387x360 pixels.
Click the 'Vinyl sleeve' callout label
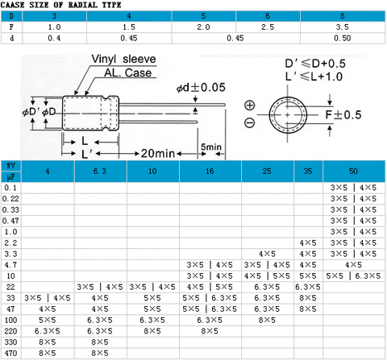pyautogui.click(x=123, y=59)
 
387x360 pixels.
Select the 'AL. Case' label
pyautogui.click(x=128, y=72)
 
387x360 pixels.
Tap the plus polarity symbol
pyautogui.click(x=250, y=105)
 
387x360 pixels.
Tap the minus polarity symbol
pyautogui.click(x=249, y=123)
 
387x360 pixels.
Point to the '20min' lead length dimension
pyautogui.click(x=158, y=153)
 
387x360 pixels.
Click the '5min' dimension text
pyautogui.click(x=211, y=147)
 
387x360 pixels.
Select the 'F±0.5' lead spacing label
pyautogui.click(x=343, y=115)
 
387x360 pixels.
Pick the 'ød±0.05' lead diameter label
pyautogui.click(x=201, y=87)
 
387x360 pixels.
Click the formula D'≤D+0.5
pyautogui.click(x=315, y=64)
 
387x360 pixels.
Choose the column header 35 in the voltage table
pyautogui.click(x=308, y=171)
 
